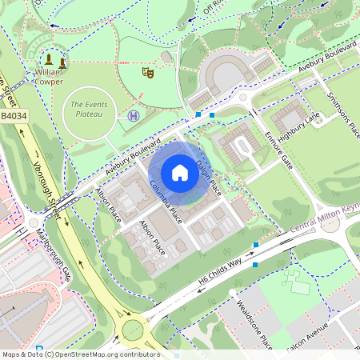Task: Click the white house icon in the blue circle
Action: point(180,173)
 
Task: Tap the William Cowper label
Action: point(48,76)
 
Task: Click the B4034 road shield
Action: point(14,116)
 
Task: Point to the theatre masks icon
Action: point(147,72)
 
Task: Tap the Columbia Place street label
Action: point(166,201)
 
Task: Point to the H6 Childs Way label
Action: point(220,272)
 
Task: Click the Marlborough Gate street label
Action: point(54,255)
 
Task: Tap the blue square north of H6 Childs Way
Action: point(256,245)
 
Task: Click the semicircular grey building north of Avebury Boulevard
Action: point(221,75)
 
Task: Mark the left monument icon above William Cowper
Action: point(49,59)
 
